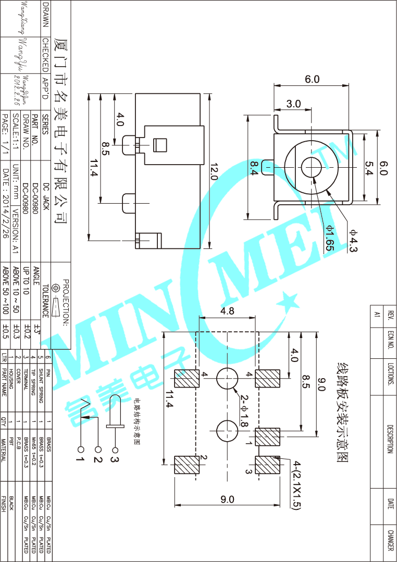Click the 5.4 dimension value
pos(369,168)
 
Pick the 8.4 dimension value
pos(254,168)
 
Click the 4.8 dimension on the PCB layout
pos(227,311)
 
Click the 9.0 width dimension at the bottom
pos(227,499)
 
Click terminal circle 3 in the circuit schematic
pos(115,449)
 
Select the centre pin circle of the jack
pos(312,167)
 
